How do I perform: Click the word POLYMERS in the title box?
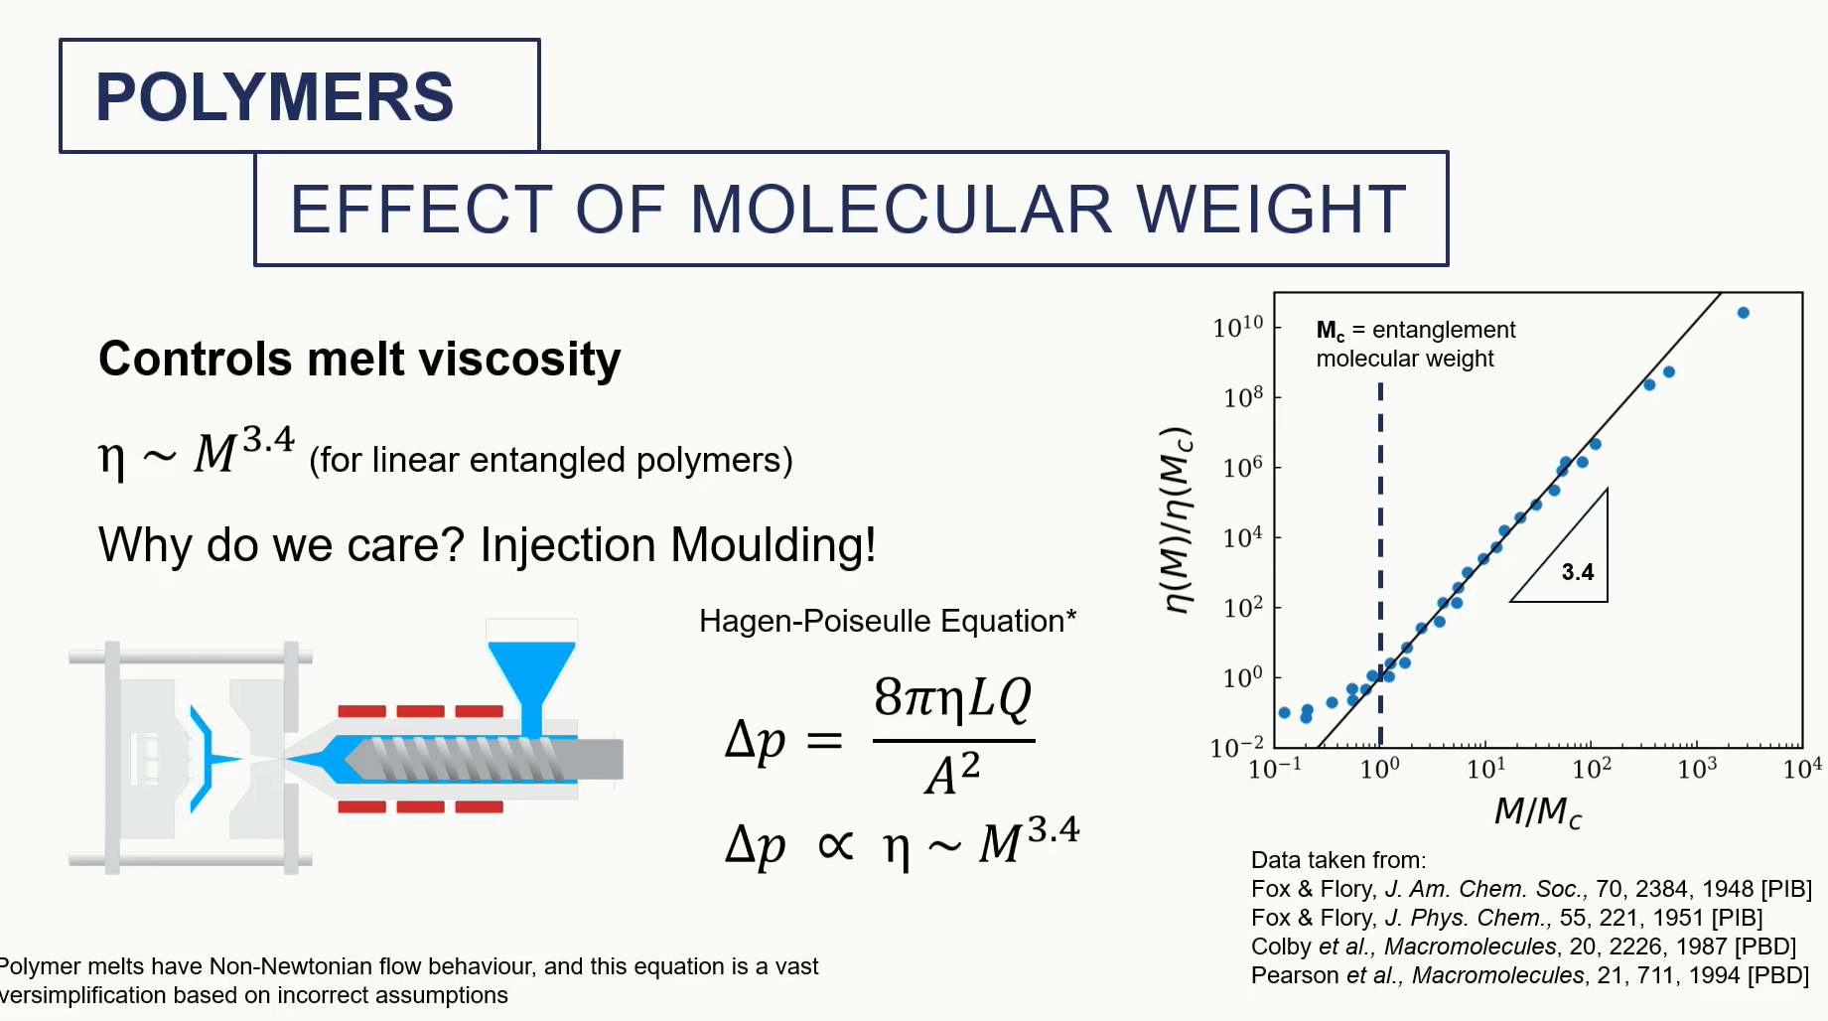(274, 97)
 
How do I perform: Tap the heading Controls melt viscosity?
(358, 359)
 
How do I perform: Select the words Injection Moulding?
(677, 545)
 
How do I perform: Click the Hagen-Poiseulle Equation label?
(887, 621)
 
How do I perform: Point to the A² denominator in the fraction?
(952, 774)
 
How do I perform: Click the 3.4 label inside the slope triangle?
(1577, 572)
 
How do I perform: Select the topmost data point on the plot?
(1743, 313)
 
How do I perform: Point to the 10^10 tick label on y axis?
(1237, 326)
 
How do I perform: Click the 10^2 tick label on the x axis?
(1591, 769)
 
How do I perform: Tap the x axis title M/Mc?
(1537, 812)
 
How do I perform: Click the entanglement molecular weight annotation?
(1414, 344)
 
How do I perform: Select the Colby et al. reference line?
(1522, 947)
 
